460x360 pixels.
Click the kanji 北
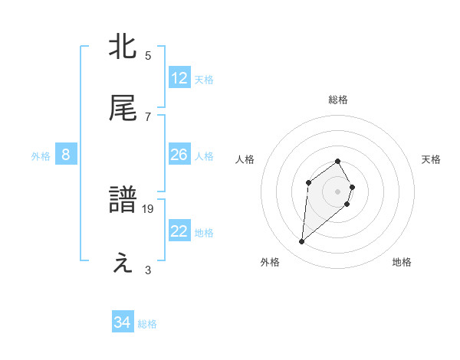coord(123,47)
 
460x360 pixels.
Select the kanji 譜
coord(123,201)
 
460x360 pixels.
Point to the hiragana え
coord(123,262)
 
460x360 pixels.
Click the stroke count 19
coord(148,208)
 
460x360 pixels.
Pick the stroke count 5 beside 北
coord(148,55)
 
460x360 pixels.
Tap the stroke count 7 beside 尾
coord(148,116)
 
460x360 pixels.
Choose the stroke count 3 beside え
coord(148,270)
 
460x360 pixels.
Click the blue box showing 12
coord(179,78)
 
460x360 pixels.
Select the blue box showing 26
coord(179,155)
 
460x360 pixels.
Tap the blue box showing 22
coord(179,231)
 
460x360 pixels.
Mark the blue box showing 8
coord(66,155)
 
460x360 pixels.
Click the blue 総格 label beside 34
coord(147,324)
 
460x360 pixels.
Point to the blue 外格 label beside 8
coord(41,155)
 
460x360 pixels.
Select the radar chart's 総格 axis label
coord(338,100)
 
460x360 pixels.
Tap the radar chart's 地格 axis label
coord(402,262)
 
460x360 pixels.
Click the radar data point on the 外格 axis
coord(302,242)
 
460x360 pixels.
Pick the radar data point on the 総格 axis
coord(338,161)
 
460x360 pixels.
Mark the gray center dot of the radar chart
coord(338,191)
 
